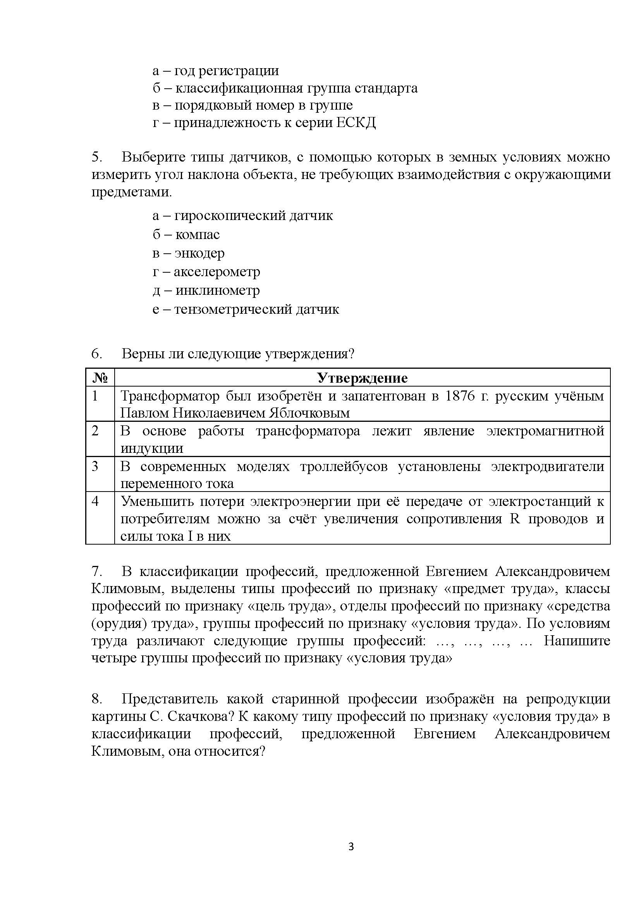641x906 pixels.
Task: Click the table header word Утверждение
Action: pos(363,378)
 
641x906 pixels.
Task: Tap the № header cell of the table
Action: pos(100,378)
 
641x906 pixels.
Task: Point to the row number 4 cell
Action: pos(95,501)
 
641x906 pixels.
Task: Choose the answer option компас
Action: pos(198,234)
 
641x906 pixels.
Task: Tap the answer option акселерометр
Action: pos(217,272)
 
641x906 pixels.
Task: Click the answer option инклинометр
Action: pos(218,291)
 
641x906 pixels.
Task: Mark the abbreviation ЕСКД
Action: pos(356,123)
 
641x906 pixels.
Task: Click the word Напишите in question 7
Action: pos(577,641)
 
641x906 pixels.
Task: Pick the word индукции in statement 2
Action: pos(151,449)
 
